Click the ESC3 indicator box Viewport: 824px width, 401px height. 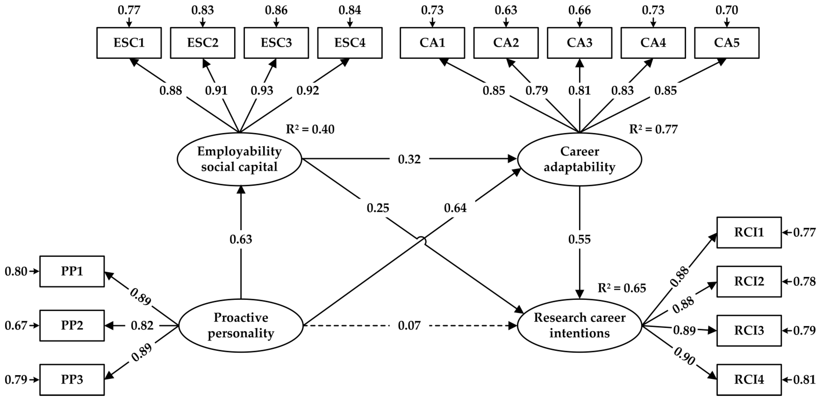pyautogui.click(x=276, y=43)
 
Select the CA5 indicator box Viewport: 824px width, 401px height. pyautogui.click(x=726, y=43)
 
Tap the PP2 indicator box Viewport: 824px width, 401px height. pyautogui.click(x=72, y=325)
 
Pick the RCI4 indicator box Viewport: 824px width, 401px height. pyautogui.click(x=749, y=380)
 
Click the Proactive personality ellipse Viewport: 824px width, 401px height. pyautogui.click(x=241, y=325)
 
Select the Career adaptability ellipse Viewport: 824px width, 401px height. pyautogui.click(x=579, y=159)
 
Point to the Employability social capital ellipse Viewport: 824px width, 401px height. pyautogui.click(x=239, y=159)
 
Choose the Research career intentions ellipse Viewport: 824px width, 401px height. pyautogui.click(x=579, y=325)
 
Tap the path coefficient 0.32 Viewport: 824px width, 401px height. pyautogui.click(x=409, y=159)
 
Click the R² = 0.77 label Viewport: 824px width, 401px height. pyautogui.click(x=653, y=129)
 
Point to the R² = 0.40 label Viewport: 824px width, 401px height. pyautogui.click(x=310, y=129)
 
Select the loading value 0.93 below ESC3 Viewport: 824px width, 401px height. pyautogui.click(x=262, y=91)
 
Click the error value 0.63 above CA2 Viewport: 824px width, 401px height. pyautogui.click(x=506, y=10)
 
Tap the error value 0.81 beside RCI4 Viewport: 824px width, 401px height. pyautogui.click(x=804, y=380)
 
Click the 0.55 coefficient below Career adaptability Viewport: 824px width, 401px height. pyautogui.click(x=579, y=239)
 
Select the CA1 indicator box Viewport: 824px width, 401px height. pyautogui.click(x=432, y=43)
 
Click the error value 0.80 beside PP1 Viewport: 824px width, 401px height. pyautogui.click(x=16, y=272)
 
